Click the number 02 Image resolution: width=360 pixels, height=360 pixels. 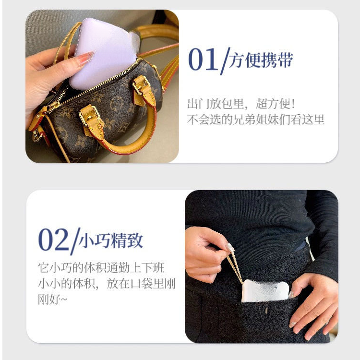point(53,240)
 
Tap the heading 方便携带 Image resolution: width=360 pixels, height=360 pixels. point(262,60)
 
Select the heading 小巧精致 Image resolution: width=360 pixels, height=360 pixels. point(111,240)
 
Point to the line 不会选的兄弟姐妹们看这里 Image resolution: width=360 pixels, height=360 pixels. point(255,120)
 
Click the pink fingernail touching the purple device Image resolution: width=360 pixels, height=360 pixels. point(86,59)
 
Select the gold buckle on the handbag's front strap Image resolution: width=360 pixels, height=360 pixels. point(91,116)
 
